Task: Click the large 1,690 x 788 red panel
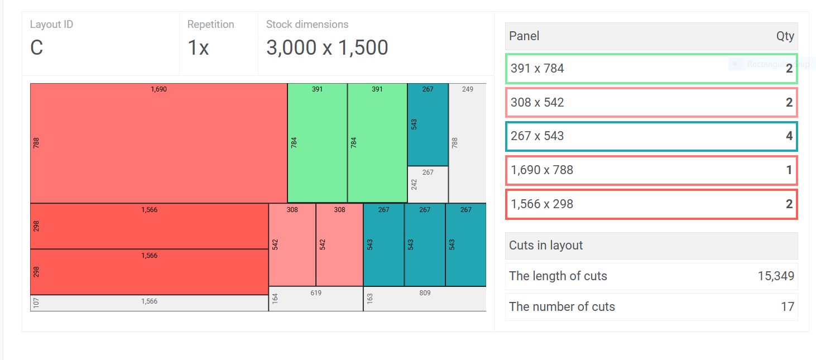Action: (159, 143)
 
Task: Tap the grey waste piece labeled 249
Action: (467, 143)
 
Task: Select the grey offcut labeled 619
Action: (316, 299)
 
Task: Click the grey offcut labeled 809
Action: (425, 299)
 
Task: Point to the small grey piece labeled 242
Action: (428, 184)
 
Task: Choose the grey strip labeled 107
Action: (149, 303)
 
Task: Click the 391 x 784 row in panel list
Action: (651, 69)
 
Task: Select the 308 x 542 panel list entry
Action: (651, 103)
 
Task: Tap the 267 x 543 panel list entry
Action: (651, 136)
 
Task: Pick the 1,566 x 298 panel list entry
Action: (651, 204)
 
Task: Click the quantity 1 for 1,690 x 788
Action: (789, 170)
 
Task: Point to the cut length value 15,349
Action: (776, 276)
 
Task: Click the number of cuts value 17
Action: (788, 307)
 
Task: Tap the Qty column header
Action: (785, 36)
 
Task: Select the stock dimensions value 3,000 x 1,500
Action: (327, 48)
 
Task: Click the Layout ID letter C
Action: (37, 48)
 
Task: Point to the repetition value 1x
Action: (198, 48)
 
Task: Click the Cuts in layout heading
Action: (546, 246)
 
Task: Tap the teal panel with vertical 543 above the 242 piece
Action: (428, 124)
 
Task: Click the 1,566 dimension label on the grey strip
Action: (149, 301)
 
